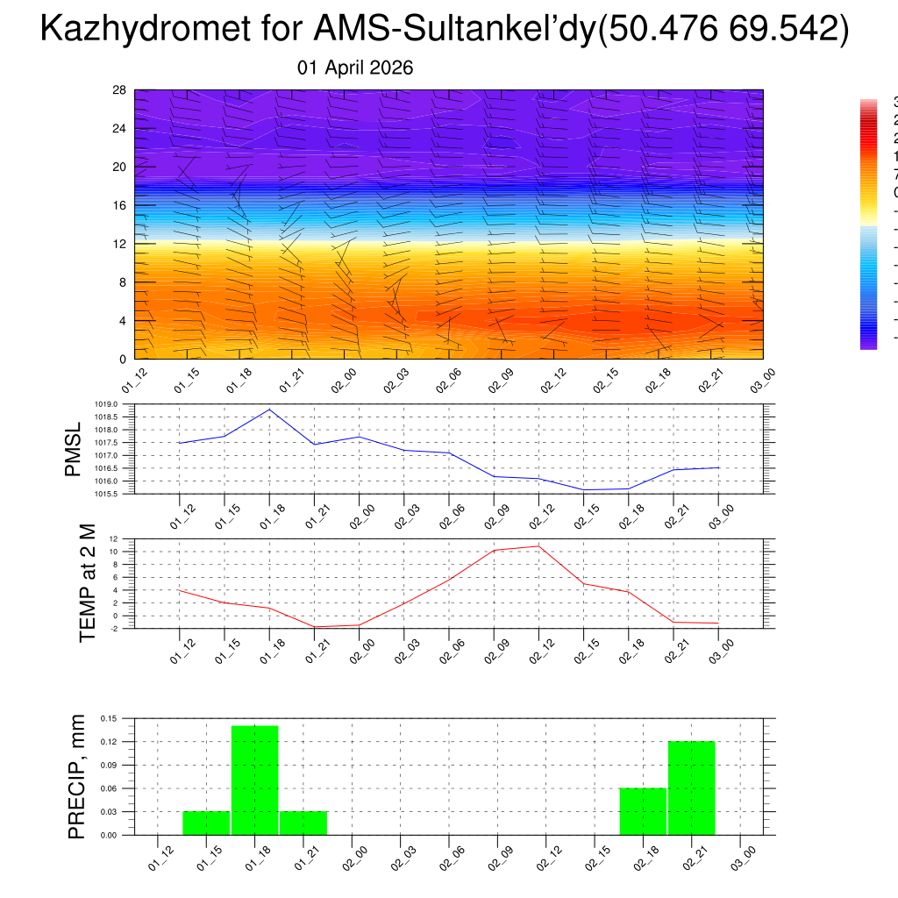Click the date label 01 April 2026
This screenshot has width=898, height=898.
tap(355, 68)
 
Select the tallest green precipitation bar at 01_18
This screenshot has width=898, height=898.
tap(255, 780)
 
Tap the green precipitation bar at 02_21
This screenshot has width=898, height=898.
tap(692, 788)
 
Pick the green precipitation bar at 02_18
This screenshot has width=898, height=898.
tap(643, 811)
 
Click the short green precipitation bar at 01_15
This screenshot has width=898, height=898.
tap(206, 823)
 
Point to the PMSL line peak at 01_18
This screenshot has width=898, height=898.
tap(270, 410)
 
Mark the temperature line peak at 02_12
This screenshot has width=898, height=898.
tap(538, 546)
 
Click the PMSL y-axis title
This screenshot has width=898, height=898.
tap(73, 449)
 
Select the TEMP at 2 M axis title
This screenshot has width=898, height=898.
tap(87, 583)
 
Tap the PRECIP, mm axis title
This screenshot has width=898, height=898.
tap(78, 776)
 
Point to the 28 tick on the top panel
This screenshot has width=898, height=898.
tap(119, 90)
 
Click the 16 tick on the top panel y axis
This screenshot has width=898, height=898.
tap(119, 205)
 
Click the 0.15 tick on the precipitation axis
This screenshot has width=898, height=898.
tap(108, 718)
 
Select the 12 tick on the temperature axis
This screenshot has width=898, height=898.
tap(114, 538)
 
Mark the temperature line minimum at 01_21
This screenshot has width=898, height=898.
tap(314, 627)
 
